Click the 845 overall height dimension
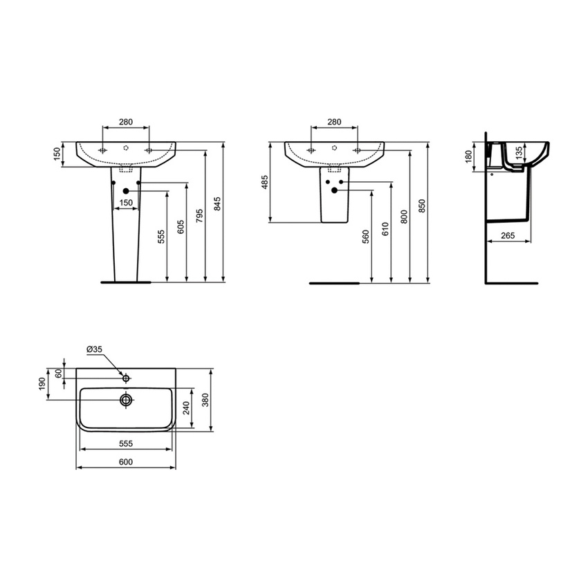(217, 203)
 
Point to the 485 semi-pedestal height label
(264, 183)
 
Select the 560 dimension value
(366, 237)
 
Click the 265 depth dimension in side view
(508, 236)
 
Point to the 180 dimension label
(469, 157)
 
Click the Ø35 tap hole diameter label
(95, 350)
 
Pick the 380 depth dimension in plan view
(205, 400)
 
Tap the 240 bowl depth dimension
(185, 408)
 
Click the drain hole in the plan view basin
(126, 400)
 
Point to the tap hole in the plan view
(126, 378)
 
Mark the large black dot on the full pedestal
(125, 191)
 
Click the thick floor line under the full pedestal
(125, 282)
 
